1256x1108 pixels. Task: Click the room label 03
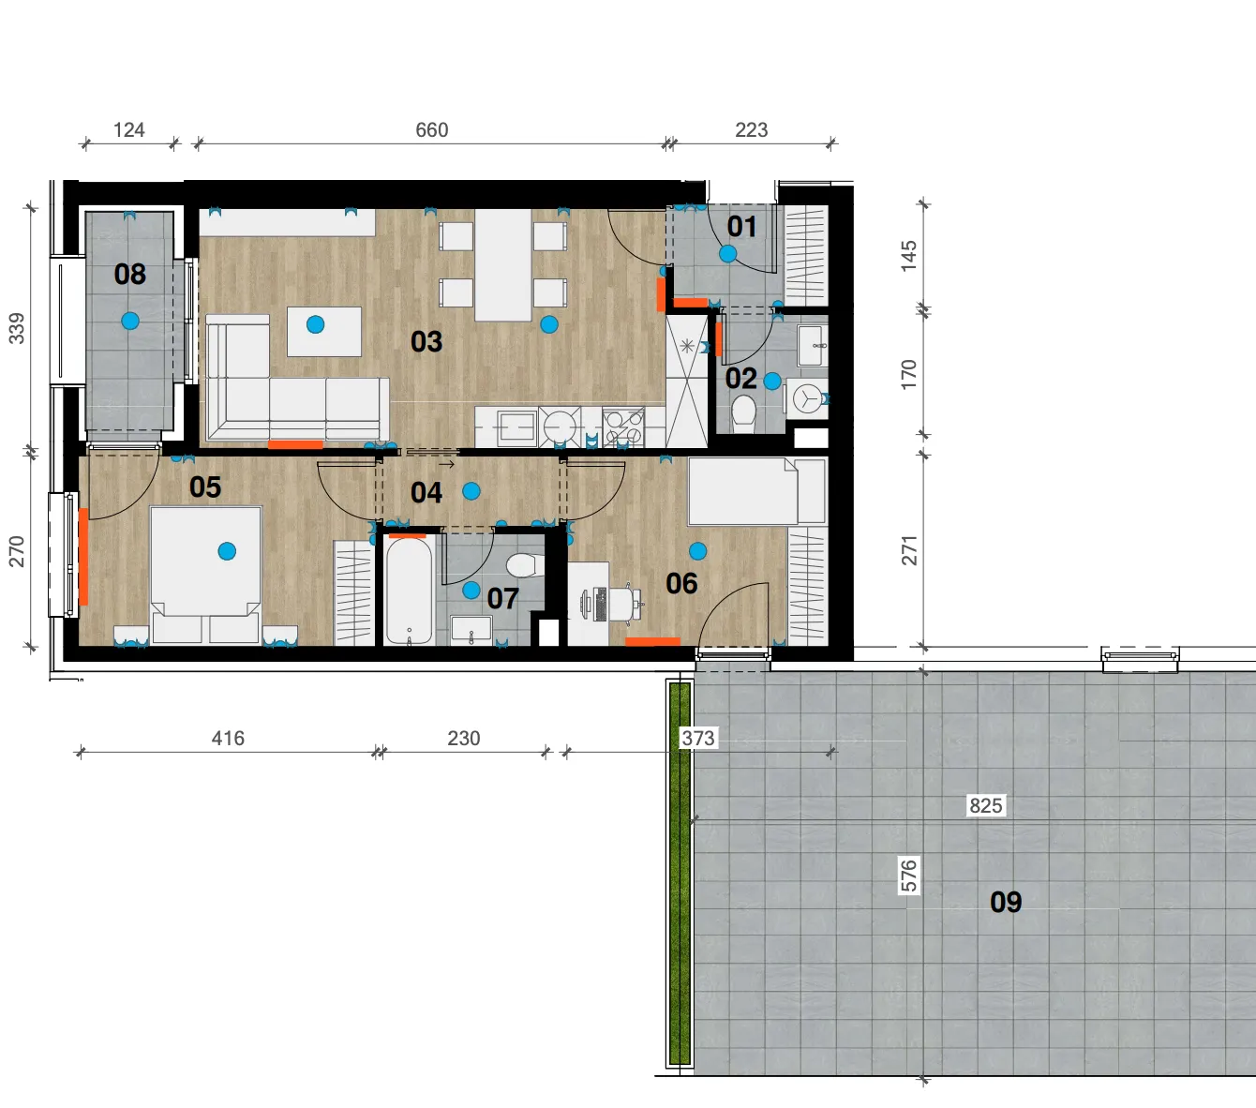tap(426, 341)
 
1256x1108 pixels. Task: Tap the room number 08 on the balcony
tap(130, 274)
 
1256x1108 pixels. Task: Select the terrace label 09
tap(1006, 902)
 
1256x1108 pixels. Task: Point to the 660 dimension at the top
tap(431, 130)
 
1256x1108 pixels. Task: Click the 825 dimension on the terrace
tap(986, 805)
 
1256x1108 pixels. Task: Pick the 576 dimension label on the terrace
tap(908, 876)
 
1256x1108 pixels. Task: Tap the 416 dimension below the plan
tap(228, 739)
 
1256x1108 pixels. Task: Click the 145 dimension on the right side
tap(908, 256)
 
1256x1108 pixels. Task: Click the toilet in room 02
tap(744, 413)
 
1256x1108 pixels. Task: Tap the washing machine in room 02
tap(807, 398)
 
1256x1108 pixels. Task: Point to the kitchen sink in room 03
tap(516, 427)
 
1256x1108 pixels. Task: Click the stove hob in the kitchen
tap(623, 427)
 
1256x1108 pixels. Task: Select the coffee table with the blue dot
tap(324, 332)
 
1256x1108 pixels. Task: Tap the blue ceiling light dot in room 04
tap(471, 492)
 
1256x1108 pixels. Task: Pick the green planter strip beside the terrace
tap(680, 874)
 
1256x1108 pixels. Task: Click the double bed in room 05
tap(206, 575)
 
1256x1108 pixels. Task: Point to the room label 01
tap(742, 227)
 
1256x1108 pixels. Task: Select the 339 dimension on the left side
tap(17, 329)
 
